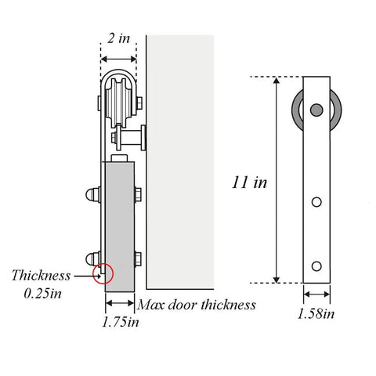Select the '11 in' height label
pos(250,183)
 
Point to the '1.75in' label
pos(121,321)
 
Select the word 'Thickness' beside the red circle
pos(38,275)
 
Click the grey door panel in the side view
pos(120,227)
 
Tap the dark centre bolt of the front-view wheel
pos(316,109)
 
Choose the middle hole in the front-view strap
pos(316,203)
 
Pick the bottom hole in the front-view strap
pos(316,266)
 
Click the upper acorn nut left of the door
pos(92,193)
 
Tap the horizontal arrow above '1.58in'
pos(316,295)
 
